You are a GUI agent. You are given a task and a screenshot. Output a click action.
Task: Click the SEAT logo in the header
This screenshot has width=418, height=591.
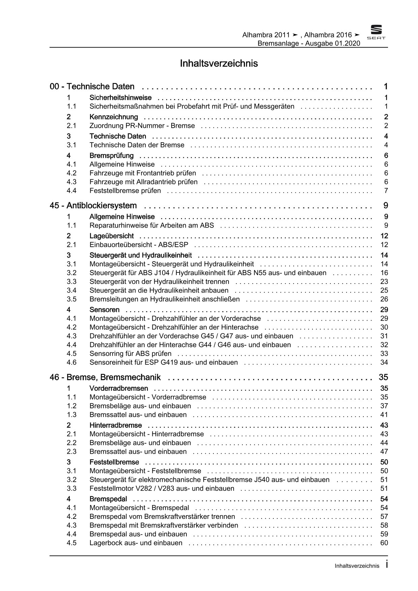click(376, 32)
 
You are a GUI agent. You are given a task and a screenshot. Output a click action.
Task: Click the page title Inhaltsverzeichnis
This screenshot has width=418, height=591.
click(219, 63)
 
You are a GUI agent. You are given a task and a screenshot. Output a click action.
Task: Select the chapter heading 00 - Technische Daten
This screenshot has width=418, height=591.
click(92, 87)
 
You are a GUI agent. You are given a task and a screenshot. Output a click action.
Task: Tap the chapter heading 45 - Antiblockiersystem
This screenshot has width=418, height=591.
click(93, 206)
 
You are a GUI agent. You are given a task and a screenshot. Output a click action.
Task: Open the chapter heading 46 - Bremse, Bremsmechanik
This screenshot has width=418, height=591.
click(105, 377)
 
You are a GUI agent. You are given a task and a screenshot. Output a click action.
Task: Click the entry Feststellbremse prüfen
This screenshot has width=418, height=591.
click(125, 191)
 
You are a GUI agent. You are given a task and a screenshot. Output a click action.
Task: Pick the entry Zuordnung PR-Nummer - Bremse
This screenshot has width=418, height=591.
click(142, 126)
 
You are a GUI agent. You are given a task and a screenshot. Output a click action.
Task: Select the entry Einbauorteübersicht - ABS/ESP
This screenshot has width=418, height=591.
click(139, 245)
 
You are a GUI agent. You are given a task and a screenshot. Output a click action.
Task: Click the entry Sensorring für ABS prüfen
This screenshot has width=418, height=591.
click(130, 354)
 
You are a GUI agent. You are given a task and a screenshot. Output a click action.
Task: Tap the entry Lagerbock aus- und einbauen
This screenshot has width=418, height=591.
click(136, 543)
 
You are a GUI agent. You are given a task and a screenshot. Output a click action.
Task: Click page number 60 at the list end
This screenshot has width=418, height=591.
click(384, 543)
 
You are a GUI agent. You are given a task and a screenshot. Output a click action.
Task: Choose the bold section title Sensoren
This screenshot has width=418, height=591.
click(104, 310)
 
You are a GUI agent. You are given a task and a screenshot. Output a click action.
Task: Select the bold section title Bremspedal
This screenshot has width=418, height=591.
click(108, 499)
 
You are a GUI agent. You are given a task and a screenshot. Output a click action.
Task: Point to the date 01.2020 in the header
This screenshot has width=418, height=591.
click(348, 43)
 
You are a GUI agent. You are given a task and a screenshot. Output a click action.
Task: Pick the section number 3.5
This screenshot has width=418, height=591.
click(71, 299)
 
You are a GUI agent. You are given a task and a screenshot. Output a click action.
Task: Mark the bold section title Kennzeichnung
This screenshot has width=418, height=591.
click(114, 117)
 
